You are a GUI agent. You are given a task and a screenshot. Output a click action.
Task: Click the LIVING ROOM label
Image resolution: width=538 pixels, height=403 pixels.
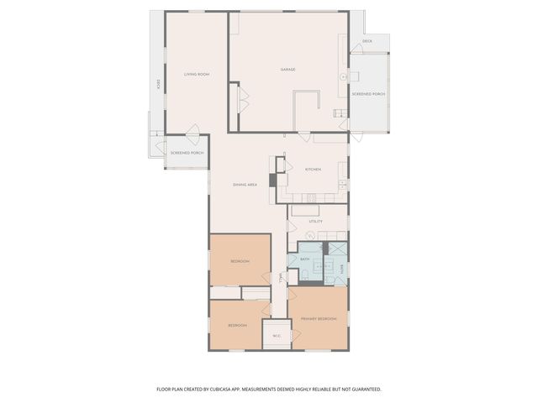pyautogui.click(x=196, y=75)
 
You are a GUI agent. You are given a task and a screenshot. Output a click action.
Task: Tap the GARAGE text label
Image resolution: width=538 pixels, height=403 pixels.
pyautogui.click(x=287, y=69)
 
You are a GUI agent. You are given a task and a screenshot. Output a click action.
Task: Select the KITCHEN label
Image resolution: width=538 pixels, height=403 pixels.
pyautogui.click(x=313, y=169)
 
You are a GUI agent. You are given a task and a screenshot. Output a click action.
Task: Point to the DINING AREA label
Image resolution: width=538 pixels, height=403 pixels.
pyautogui.click(x=245, y=184)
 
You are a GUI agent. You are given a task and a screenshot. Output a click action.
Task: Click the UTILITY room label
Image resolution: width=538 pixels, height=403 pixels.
pyautogui.click(x=315, y=222)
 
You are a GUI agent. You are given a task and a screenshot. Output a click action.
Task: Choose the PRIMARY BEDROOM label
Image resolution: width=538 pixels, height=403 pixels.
pyautogui.click(x=319, y=319)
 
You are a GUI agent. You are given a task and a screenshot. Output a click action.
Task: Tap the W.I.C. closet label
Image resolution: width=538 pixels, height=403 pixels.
pyautogui.click(x=277, y=337)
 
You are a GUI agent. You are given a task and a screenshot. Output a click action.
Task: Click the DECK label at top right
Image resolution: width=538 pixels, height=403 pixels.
pyautogui.click(x=367, y=40)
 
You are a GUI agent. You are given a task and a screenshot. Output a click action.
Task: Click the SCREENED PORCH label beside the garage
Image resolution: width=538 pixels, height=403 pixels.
pyautogui.click(x=368, y=94)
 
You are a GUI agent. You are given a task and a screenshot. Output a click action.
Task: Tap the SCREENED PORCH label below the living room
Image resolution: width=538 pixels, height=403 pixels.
pyautogui.click(x=187, y=153)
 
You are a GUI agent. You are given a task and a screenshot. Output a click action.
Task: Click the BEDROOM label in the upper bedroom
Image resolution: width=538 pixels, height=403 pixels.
pyautogui.click(x=240, y=261)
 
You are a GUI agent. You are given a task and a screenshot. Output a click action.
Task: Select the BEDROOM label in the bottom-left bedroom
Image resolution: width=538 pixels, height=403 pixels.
pyautogui.click(x=237, y=325)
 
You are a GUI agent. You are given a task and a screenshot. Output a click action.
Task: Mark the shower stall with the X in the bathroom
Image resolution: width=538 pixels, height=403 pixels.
pyautogui.click(x=337, y=249)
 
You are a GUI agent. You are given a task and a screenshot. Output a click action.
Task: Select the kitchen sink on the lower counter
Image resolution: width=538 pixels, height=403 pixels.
pyautogui.click(x=312, y=198)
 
